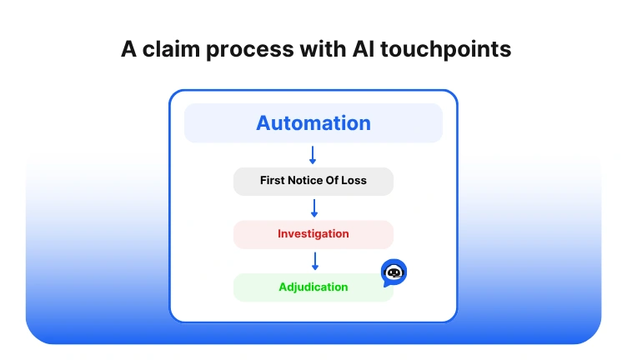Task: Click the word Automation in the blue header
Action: click(x=313, y=123)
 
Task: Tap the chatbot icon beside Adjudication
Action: click(x=394, y=272)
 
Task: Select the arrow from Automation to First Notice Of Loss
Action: click(x=313, y=154)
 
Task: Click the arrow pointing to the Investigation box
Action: click(x=313, y=207)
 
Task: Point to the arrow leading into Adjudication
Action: click(x=313, y=261)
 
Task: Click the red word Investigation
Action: click(x=313, y=234)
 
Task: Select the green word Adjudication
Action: click(x=313, y=287)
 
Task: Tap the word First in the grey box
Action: click(x=273, y=181)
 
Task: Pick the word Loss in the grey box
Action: click(x=353, y=181)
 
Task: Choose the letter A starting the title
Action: click(x=129, y=49)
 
